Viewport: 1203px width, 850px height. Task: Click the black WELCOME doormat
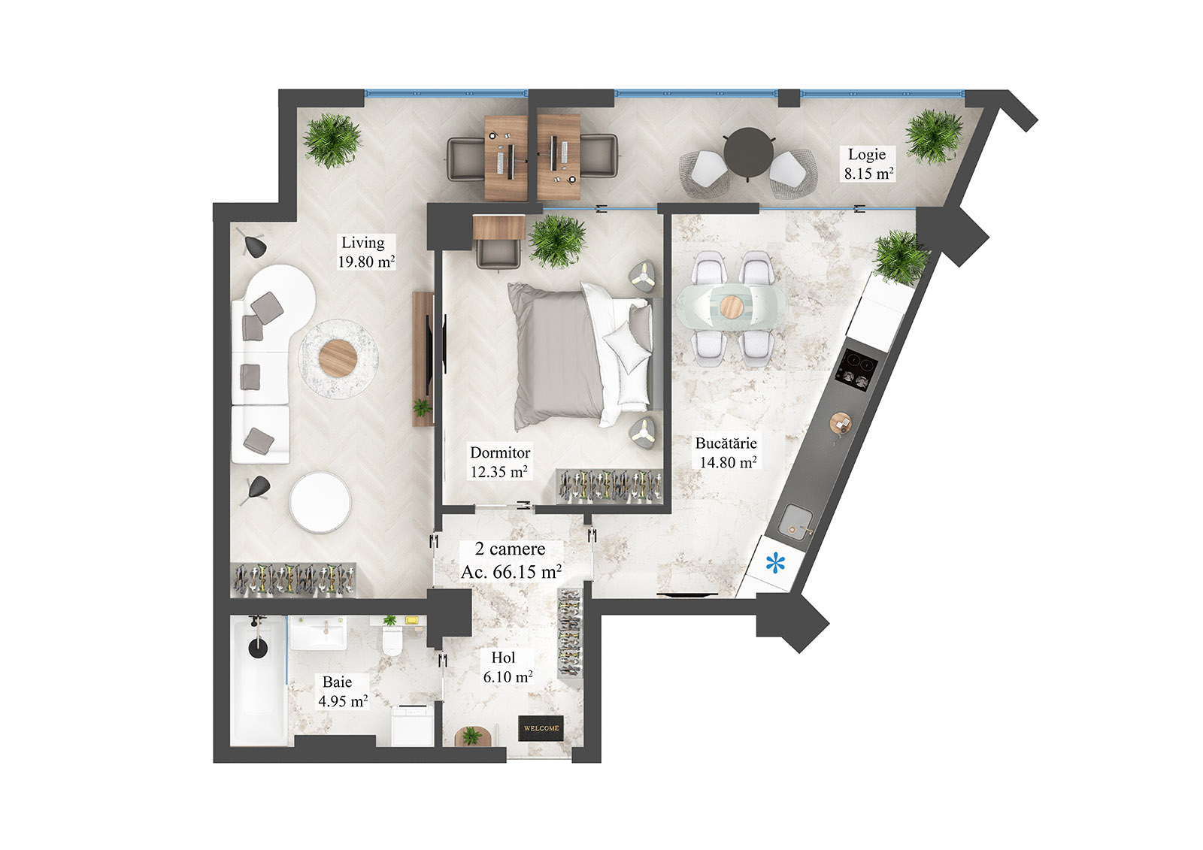[x=541, y=728]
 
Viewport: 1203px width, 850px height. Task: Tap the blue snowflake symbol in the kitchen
[x=774, y=563]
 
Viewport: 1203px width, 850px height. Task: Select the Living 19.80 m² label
[x=365, y=253]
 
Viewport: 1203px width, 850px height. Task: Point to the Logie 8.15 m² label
[x=868, y=164]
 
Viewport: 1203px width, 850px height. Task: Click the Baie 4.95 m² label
[x=342, y=692]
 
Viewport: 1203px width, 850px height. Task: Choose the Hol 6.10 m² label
[x=507, y=667]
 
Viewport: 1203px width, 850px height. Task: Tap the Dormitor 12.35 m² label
[x=499, y=462]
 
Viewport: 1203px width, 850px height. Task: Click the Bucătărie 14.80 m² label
[x=726, y=452]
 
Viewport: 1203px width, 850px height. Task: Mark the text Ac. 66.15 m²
[x=511, y=572]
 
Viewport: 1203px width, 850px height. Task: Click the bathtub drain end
[x=258, y=646]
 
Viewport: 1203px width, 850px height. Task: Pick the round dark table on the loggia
[x=747, y=149]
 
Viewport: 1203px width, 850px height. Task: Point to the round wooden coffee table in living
[x=337, y=358]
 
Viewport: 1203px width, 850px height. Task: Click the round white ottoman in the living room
[x=320, y=503]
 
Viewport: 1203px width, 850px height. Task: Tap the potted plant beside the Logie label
[x=933, y=136]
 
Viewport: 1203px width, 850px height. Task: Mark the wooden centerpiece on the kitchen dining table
[x=730, y=307]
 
